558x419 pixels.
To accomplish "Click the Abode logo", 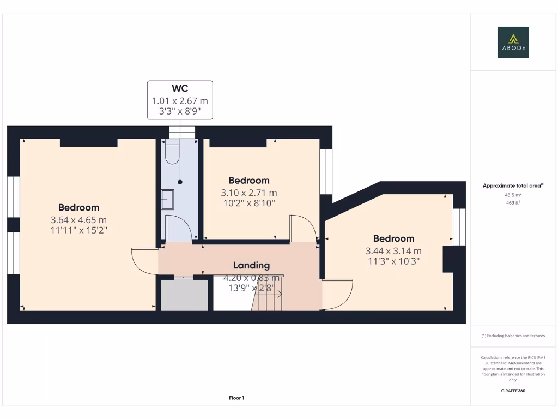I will (x=513, y=43).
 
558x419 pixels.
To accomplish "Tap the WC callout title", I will (x=180, y=89).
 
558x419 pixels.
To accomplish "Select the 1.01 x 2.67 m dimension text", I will (x=180, y=101).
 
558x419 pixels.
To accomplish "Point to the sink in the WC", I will (x=167, y=199).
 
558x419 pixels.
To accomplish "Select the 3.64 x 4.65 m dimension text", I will (x=79, y=220).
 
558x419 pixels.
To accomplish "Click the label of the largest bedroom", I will (x=79, y=207).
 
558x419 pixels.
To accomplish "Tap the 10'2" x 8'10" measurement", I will (x=248, y=203).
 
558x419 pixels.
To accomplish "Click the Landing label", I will (x=251, y=265).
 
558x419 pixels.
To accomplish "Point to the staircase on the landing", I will (x=268, y=300).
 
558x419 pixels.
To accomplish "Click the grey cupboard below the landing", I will (x=184, y=295).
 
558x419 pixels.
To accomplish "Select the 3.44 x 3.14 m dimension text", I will (x=393, y=251).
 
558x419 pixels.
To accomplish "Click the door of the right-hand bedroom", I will (x=337, y=294).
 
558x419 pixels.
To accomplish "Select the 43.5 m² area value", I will (x=513, y=195).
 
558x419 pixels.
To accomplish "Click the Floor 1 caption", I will (x=236, y=398).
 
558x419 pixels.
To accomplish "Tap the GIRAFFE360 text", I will (x=513, y=391).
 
